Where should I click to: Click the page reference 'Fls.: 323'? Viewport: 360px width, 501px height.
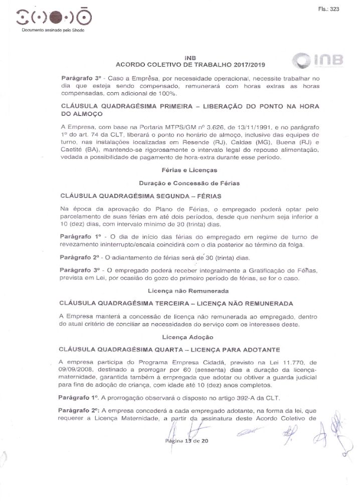[328, 9]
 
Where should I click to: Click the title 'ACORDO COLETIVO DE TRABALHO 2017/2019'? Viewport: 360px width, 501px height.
[190, 65]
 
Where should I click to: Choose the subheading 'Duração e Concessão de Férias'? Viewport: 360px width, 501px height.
[190, 183]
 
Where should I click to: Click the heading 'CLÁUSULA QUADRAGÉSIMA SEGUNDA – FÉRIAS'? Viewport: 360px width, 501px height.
[140, 196]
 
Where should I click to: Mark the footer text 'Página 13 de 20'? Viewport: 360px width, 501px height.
[186, 440]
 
